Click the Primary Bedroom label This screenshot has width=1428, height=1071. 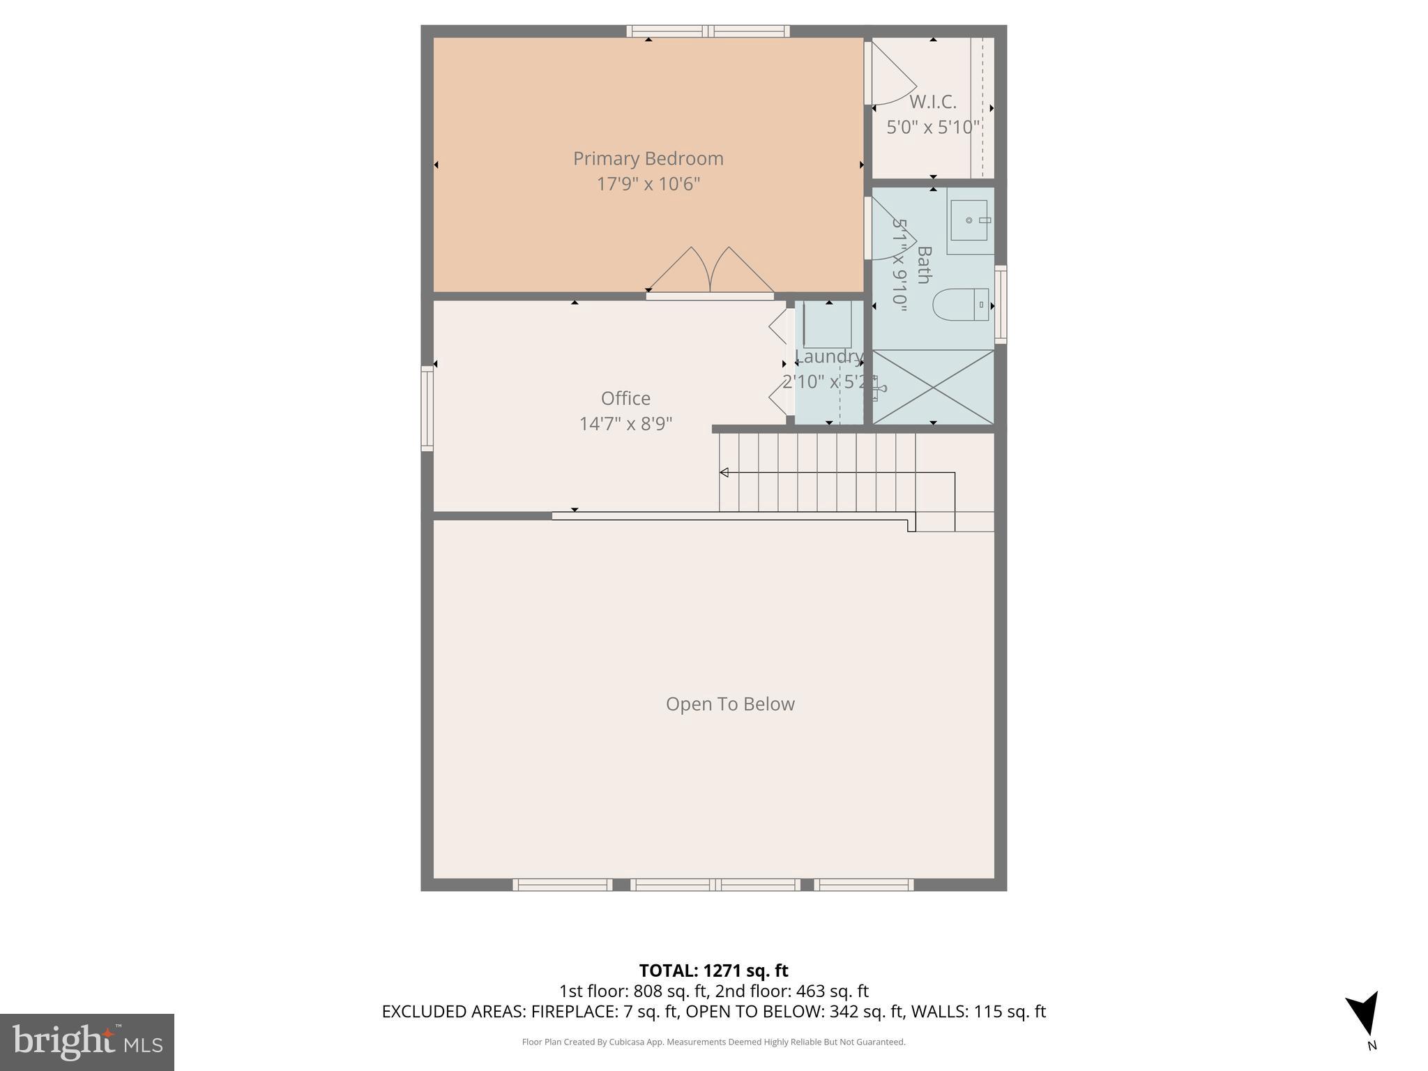[x=648, y=159]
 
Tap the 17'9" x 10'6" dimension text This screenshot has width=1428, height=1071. [x=648, y=184]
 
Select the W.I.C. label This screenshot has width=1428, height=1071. [x=932, y=102]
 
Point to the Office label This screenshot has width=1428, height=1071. [x=625, y=398]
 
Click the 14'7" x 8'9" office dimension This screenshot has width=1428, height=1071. [x=625, y=424]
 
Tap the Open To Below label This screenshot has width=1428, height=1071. [x=730, y=704]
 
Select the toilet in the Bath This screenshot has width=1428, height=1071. [x=962, y=305]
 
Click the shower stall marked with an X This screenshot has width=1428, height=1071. [x=933, y=387]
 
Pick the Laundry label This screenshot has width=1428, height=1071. [x=829, y=357]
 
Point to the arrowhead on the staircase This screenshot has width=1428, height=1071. [x=724, y=473]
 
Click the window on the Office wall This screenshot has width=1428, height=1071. [x=427, y=409]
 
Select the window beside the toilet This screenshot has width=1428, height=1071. [x=1001, y=305]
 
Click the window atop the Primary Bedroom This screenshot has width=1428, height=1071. [x=708, y=31]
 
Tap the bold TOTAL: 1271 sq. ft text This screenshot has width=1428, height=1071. [x=713, y=971]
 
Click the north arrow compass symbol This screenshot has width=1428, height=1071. [x=1364, y=1014]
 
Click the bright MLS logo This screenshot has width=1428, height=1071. [x=87, y=1042]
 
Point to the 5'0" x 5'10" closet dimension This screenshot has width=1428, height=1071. [x=932, y=128]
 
